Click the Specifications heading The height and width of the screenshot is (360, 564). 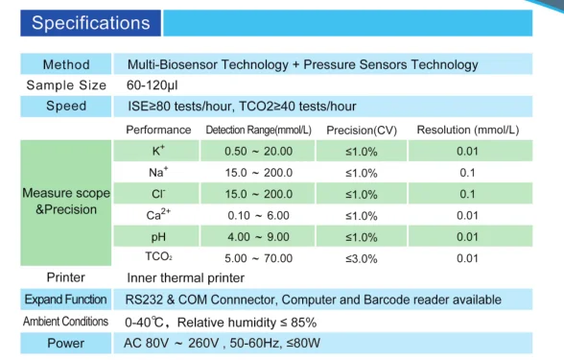pyautogui.click(x=90, y=22)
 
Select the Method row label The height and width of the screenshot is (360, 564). pyautogui.click(x=66, y=64)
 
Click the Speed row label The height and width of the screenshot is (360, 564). pyautogui.click(x=66, y=106)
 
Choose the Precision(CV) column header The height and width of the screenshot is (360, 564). pyautogui.click(x=362, y=130)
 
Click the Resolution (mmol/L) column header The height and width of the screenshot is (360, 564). pyautogui.click(x=467, y=130)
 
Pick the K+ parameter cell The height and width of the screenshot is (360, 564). pyautogui.click(x=158, y=151)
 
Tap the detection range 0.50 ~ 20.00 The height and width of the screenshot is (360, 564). pyautogui.click(x=258, y=152)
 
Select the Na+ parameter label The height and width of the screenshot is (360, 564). pyautogui.click(x=158, y=173)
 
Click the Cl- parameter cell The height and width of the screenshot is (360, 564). pyautogui.click(x=158, y=194)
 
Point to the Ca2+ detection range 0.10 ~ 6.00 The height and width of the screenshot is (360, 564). pyautogui.click(x=258, y=216)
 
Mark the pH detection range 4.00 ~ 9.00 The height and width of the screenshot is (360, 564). pyautogui.click(x=258, y=237)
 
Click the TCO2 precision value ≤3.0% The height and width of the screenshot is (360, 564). pyautogui.click(x=362, y=258)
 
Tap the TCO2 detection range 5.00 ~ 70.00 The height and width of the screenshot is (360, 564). pyautogui.click(x=258, y=258)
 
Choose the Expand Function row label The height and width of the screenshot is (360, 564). pyautogui.click(x=66, y=300)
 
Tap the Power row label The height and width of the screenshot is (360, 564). pyautogui.click(x=66, y=343)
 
